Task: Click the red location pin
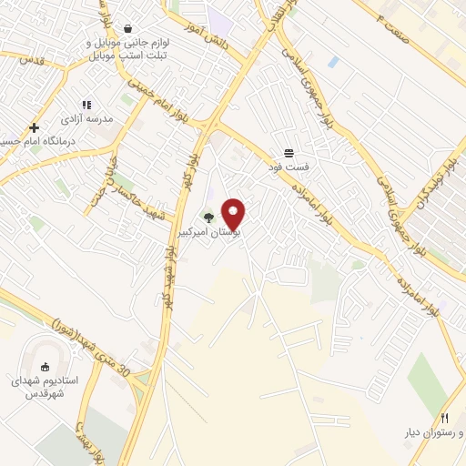click(234, 213)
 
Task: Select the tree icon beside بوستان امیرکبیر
click(209, 217)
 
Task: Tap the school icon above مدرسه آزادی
click(87, 106)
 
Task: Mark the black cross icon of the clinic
click(35, 127)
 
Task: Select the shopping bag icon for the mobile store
click(128, 27)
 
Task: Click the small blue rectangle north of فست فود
click(333, 62)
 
